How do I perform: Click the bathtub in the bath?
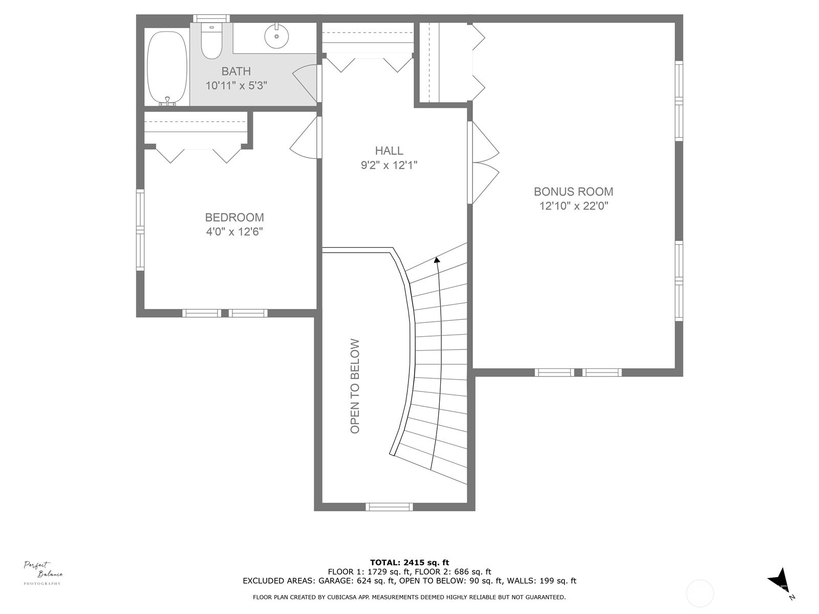coord(167,68)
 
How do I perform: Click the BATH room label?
coord(236,71)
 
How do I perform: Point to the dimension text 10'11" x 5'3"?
coord(236,86)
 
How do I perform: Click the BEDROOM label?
coord(234,217)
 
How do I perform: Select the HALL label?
coord(389,150)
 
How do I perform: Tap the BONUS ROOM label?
coord(573,191)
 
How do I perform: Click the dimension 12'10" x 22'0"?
coord(573,206)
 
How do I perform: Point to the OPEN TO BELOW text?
coord(355,386)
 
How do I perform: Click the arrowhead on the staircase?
coord(437,260)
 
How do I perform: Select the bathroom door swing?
coord(306,82)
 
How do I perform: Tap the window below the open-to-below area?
coord(389,507)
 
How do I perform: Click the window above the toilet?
coord(211,18)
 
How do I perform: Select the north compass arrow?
coord(779,581)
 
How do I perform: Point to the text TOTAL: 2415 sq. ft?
coord(409,562)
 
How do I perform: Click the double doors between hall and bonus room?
coord(484,163)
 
